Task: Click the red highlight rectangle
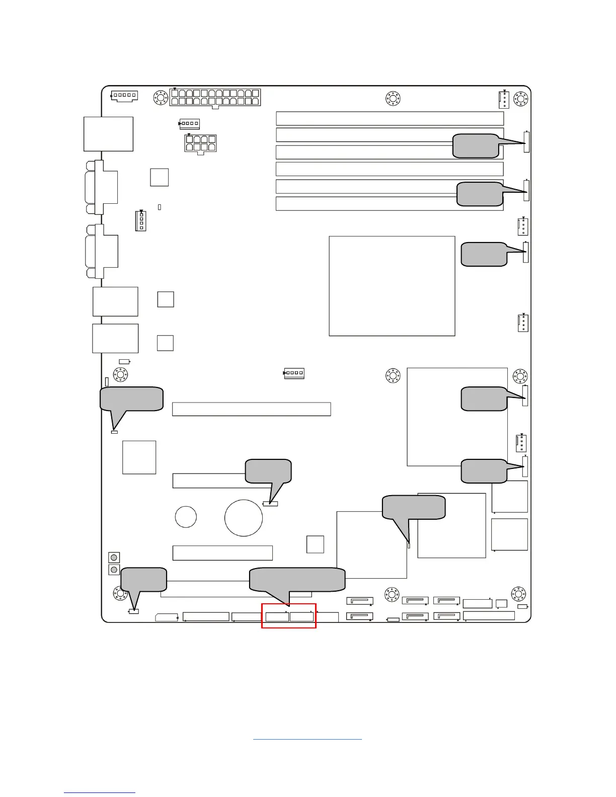[289, 616]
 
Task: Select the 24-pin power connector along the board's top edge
[215, 97]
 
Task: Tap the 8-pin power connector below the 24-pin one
[201, 143]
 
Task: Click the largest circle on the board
[244, 518]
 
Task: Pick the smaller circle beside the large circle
[186, 517]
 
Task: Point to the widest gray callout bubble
[297, 580]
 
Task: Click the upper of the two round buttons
[114, 557]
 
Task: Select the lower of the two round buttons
[114, 570]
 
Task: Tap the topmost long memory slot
[390, 118]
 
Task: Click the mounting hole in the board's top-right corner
[521, 99]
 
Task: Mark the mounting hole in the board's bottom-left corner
[121, 594]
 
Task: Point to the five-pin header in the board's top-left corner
[124, 96]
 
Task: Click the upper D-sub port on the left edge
[102, 187]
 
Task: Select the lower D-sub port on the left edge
[102, 251]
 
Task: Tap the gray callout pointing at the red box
[297, 580]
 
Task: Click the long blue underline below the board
[307, 739]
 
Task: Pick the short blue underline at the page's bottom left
[100, 792]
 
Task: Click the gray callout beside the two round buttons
[144, 580]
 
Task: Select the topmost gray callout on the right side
[476, 146]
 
